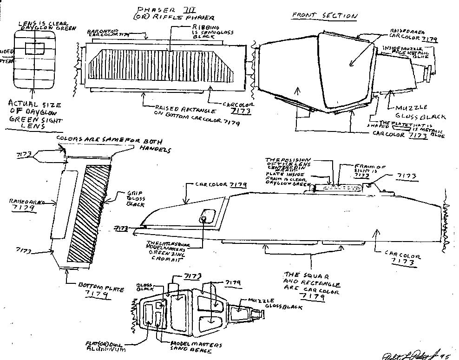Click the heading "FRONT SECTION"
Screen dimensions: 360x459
(325, 15)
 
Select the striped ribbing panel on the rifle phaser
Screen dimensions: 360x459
(164, 67)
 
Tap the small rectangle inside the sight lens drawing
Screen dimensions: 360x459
(35, 48)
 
